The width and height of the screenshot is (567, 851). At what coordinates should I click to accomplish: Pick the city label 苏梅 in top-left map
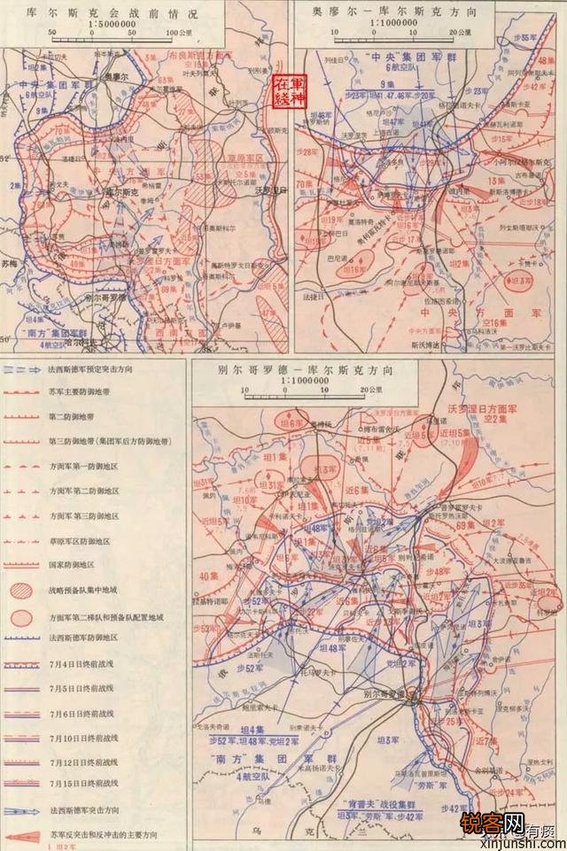(x=11, y=263)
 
